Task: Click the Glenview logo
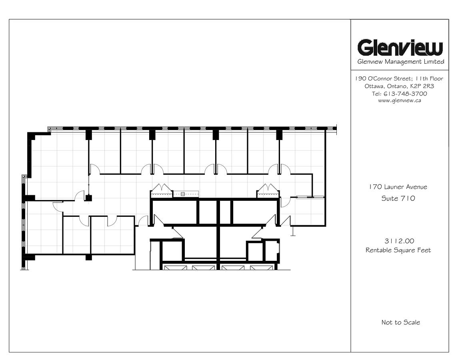(400, 48)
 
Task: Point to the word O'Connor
(380, 78)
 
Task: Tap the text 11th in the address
(422, 78)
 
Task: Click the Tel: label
(376, 94)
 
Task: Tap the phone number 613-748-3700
(405, 94)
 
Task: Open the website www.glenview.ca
(400, 100)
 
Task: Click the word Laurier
(394, 187)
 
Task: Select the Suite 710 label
(398, 198)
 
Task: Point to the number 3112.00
(399, 241)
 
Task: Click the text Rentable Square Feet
(398, 250)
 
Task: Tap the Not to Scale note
(401, 322)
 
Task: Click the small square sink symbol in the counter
(183, 194)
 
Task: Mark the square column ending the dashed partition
(88, 197)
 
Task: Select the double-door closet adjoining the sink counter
(161, 190)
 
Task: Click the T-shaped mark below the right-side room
(293, 231)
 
